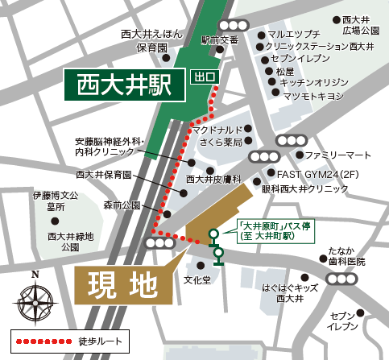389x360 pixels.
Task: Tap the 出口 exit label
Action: [x=205, y=77]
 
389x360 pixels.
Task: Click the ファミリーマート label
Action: [x=337, y=155]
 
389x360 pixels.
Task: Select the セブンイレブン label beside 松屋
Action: [x=300, y=59]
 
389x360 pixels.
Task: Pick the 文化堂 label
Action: [x=197, y=280]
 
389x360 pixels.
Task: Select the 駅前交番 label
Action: [x=220, y=39]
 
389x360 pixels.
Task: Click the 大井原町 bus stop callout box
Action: [x=259, y=230]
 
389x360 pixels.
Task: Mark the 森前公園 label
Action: [x=121, y=205]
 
